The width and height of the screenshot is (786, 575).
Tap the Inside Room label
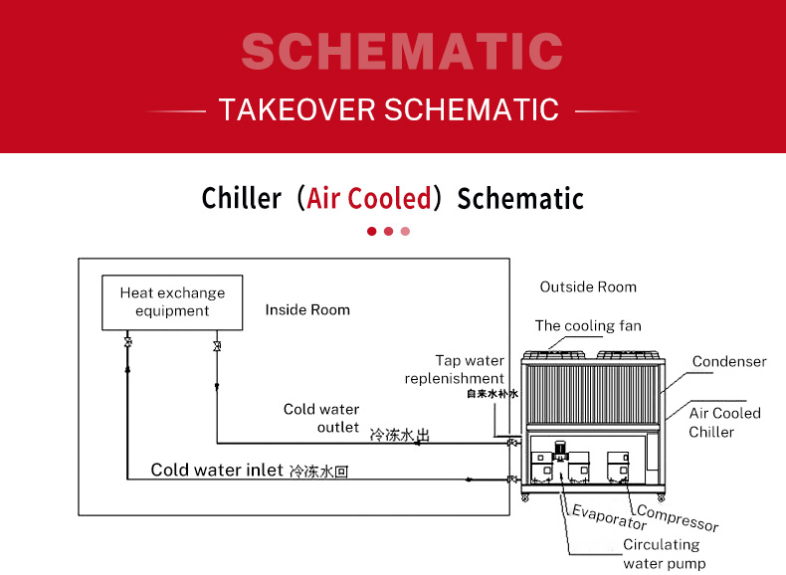(307, 309)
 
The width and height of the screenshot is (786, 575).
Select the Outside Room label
(588, 287)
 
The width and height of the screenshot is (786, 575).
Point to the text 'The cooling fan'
(588, 326)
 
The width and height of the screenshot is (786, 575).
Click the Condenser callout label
(729, 361)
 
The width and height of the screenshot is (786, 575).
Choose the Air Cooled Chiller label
(725, 423)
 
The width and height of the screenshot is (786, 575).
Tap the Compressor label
(678, 519)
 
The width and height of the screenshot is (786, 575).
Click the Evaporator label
(610, 517)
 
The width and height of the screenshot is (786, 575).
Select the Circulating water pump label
(664, 554)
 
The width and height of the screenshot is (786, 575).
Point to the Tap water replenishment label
(455, 369)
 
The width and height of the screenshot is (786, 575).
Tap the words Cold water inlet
(217, 470)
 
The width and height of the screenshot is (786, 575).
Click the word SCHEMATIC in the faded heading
(402, 51)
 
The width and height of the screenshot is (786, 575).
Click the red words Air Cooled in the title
(369, 198)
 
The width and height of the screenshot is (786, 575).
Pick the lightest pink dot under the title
(405, 231)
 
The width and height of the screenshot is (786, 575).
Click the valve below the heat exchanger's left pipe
(127, 342)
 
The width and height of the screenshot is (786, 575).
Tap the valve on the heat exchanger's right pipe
(217, 346)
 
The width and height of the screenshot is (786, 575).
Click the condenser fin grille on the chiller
(592, 394)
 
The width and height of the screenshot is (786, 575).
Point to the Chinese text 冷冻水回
(318, 472)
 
